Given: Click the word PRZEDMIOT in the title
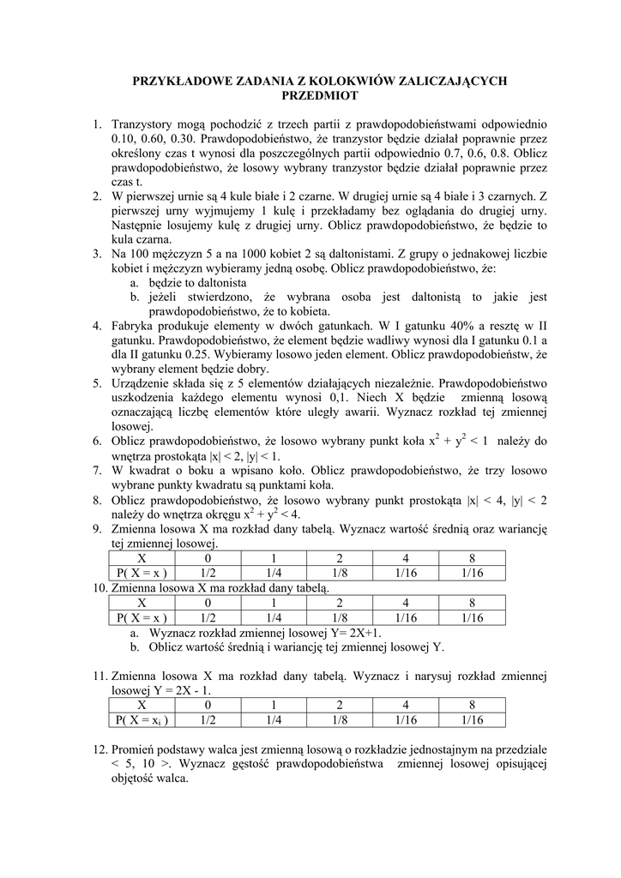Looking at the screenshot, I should click(310, 96).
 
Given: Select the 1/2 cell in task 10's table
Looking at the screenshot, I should click(208, 616).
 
